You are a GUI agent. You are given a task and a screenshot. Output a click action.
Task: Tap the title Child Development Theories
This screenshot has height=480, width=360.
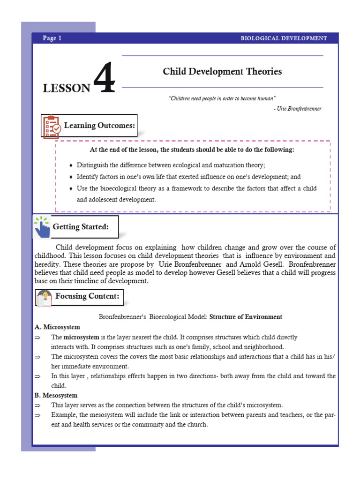point(222,72)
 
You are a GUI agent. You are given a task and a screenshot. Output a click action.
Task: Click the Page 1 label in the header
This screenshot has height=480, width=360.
point(52,38)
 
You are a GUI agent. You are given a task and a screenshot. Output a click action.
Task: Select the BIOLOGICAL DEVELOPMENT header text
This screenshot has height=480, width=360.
point(284,38)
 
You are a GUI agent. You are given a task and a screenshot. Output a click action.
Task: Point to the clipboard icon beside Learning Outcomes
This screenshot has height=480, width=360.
point(52,126)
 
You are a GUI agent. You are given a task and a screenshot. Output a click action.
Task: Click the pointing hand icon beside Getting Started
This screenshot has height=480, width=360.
point(43,228)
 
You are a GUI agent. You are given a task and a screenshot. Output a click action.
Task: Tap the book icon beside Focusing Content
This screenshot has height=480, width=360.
point(45,297)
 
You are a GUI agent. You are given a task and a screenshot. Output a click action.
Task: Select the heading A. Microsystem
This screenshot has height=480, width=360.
point(57,327)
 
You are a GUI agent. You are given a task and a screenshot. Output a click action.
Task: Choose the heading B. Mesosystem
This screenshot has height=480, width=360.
point(56,396)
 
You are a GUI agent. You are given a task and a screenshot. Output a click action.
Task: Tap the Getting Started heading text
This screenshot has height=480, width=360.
point(81,227)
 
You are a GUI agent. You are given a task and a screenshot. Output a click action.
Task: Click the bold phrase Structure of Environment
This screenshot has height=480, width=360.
point(246,317)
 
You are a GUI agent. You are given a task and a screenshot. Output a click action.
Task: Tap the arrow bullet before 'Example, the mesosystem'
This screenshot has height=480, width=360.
point(38,415)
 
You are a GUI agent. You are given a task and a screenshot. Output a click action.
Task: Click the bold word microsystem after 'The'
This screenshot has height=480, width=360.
point(82,337)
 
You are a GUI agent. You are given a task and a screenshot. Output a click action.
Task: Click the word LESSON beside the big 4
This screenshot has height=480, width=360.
point(66,88)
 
